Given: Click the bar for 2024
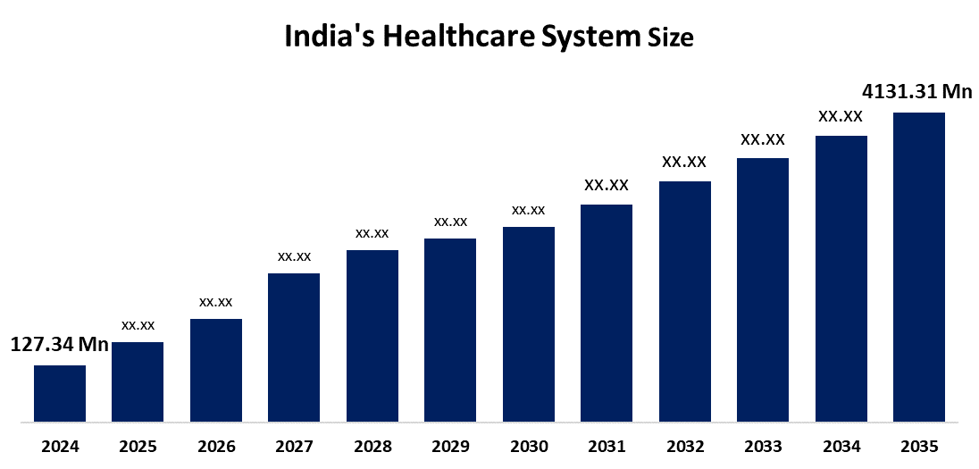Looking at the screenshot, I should click(x=60, y=393).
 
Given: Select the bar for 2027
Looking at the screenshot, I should click(x=294, y=347).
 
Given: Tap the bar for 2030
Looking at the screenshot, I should click(x=529, y=323).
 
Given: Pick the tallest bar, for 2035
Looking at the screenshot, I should click(x=919, y=266).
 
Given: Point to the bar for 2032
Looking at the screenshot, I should click(x=685, y=301).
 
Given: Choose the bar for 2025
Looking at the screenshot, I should click(x=138, y=381).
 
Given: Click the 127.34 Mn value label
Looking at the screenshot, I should click(x=59, y=345).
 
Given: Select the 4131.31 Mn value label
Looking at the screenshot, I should click(x=916, y=91).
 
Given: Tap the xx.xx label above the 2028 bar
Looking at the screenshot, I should click(x=372, y=233).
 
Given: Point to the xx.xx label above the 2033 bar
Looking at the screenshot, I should click(x=763, y=139).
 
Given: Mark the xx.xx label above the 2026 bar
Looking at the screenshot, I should click(x=215, y=302).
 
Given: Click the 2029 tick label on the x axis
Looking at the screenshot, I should click(x=450, y=447).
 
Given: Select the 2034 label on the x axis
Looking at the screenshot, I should click(x=841, y=447).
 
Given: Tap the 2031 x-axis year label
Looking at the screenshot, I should click(x=607, y=447).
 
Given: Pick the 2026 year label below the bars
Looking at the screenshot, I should click(x=215, y=447).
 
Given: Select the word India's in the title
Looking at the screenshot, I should click(x=327, y=37).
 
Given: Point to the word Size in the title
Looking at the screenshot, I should click(x=670, y=38).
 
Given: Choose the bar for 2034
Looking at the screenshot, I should click(x=841, y=278).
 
